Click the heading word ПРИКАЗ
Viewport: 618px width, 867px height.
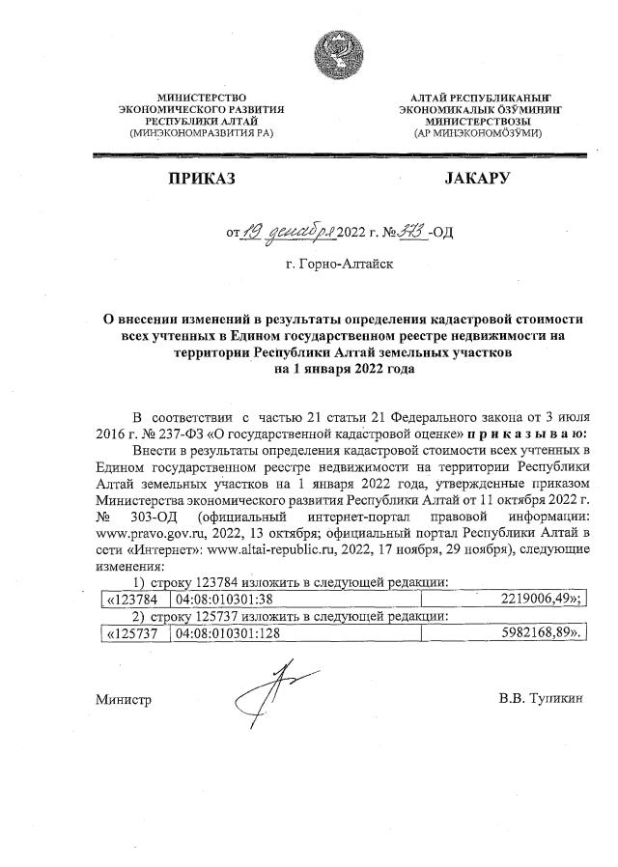tap(201, 179)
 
